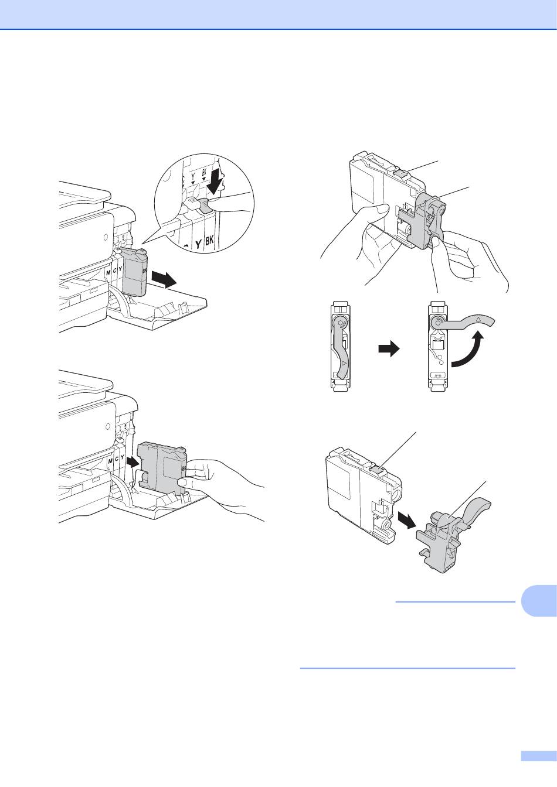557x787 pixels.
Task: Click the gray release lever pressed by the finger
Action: pyautogui.click(x=205, y=204)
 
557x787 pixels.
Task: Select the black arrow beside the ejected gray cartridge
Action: pyautogui.click(x=163, y=279)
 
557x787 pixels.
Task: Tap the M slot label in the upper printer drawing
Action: pyautogui.click(x=108, y=272)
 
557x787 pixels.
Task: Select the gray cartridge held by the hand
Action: pyautogui.click(x=161, y=466)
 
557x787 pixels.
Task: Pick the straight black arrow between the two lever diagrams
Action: pyautogui.click(x=389, y=350)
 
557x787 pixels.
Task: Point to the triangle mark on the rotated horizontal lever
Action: pyautogui.click(x=478, y=319)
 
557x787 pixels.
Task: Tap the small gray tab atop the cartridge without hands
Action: pyautogui.click(x=377, y=467)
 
